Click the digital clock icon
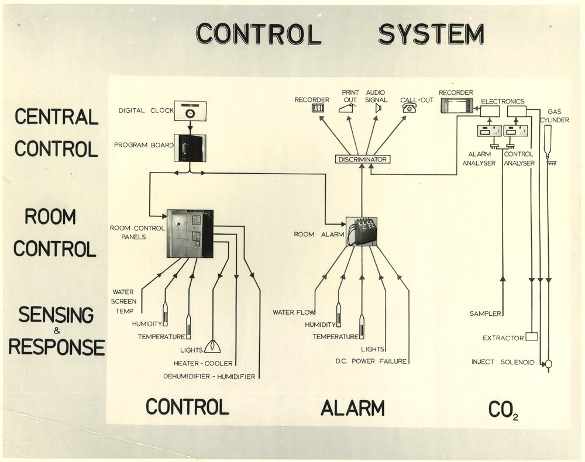pos(189,111)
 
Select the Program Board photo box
pos(190,147)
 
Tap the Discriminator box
pos(363,159)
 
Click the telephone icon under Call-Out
pos(409,108)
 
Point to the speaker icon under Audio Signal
pos(378,108)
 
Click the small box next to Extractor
pos(531,337)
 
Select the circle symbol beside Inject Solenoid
pos(549,363)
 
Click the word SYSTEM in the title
pos(431,34)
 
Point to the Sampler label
pos(486,314)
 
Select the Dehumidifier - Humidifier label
pos(209,377)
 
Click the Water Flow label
pos(294,312)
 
